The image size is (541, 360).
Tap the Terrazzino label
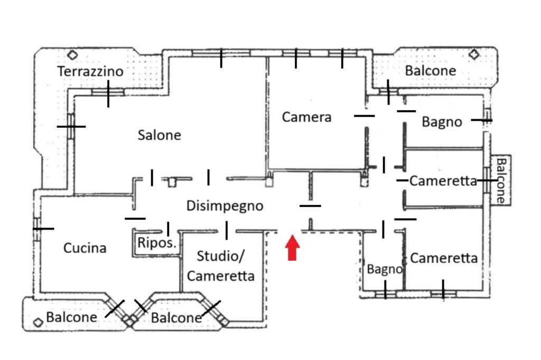pyautogui.click(x=90, y=71)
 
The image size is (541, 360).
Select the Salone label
pyautogui.click(x=159, y=135)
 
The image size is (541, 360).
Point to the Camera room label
pyautogui.click(x=306, y=117)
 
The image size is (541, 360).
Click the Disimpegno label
pyautogui.click(x=225, y=205)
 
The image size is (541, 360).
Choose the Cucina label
pyautogui.click(x=85, y=248)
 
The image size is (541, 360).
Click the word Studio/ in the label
pyautogui.click(x=220, y=257)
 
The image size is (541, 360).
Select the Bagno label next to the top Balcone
pyautogui.click(x=442, y=122)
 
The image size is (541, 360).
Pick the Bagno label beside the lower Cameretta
pyautogui.click(x=384, y=269)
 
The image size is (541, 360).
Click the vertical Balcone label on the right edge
pyautogui.click(x=501, y=181)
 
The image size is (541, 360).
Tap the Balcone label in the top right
pyautogui.click(x=430, y=71)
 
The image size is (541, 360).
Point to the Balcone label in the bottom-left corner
pyautogui.click(x=71, y=317)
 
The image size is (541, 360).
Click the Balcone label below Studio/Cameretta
pyautogui.click(x=176, y=318)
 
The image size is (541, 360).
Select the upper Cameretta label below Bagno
pyautogui.click(x=443, y=181)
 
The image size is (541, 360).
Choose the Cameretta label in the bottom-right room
pyautogui.click(x=443, y=258)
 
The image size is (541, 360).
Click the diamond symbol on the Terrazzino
pyautogui.click(x=72, y=54)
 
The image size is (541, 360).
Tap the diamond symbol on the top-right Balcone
pyautogui.click(x=474, y=54)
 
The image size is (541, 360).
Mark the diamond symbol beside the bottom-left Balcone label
pyautogui.click(x=38, y=321)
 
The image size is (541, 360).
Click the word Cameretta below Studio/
pyautogui.click(x=220, y=276)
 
